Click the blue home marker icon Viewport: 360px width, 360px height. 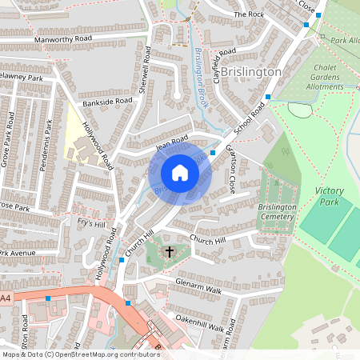click(180, 173)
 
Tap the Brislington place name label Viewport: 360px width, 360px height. click(251, 71)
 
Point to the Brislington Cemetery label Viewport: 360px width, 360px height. click(278, 212)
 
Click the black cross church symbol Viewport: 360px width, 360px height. click(169, 252)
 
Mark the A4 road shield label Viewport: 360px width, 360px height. click(6, 298)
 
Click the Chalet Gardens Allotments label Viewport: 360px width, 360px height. click(324, 78)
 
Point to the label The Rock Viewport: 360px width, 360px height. click(248, 14)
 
